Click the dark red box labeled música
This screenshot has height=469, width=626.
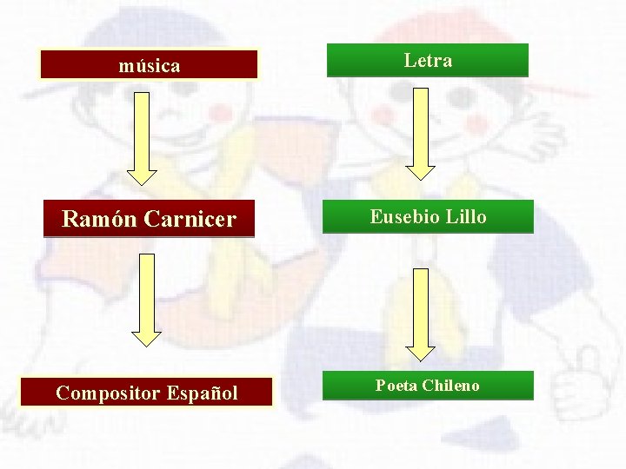pyautogui.click(x=149, y=65)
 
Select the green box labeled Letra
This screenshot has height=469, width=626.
pyautogui.click(x=427, y=61)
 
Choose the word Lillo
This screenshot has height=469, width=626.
pyautogui.click(x=466, y=216)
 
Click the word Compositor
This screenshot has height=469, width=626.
pyautogui.click(x=105, y=393)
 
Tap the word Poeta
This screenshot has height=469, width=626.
pyautogui.click(x=396, y=386)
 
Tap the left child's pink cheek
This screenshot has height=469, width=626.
pyautogui.click(x=223, y=113)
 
